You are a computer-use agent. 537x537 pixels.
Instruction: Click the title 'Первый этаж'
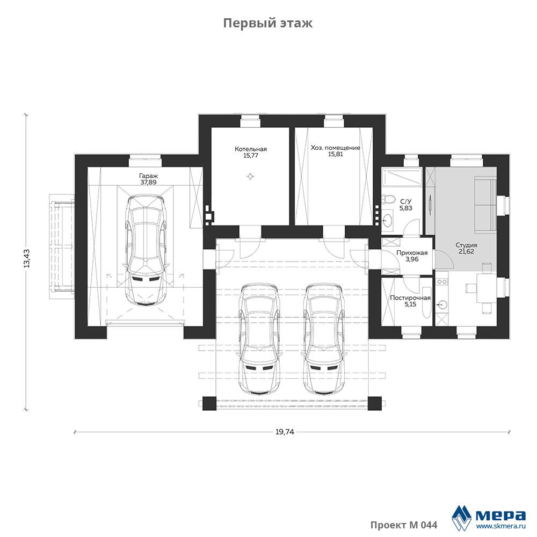[x=268, y=23]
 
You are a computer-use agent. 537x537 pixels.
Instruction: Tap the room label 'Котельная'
[x=251, y=149]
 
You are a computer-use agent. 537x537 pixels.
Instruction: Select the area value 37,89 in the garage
[x=148, y=182]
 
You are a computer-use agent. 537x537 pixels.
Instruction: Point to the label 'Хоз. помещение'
[x=335, y=148]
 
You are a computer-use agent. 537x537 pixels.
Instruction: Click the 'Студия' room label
[x=466, y=245]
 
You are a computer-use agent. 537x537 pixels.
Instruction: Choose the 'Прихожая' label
[x=412, y=253]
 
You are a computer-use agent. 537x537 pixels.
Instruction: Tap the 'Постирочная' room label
[x=410, y=298]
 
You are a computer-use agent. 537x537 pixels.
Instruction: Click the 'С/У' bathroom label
[x=406, y=201]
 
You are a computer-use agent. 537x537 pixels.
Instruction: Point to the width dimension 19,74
[x=285, y=432]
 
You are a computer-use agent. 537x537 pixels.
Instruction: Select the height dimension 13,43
[x=27, y=258]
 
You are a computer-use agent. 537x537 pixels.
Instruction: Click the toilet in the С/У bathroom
[x=388, y=200]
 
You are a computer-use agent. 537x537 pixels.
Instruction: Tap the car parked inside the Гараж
[x=146, y=250]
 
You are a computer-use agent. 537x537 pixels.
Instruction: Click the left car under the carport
[x=259, y=338]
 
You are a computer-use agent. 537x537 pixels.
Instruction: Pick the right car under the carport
[x=324, y=338]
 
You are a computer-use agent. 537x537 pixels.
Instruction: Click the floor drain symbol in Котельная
[x=250, y=176]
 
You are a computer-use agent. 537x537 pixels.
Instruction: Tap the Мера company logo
[x=488, y=517]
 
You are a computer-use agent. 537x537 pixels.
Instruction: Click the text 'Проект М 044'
[x=404, y=525]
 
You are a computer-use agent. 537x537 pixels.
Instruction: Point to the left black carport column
[x=209, y=403]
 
